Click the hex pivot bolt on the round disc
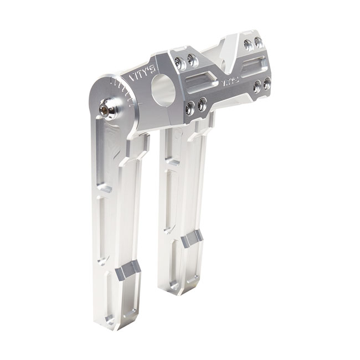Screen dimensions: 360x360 pos(108,110)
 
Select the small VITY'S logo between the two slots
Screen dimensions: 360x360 pos(230,81)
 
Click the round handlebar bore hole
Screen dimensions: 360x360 pos(163,90)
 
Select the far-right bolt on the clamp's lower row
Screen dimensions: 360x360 pos(267,84)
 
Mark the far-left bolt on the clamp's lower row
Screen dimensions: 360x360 pos(190,108)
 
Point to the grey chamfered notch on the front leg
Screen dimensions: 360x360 pos(127,270)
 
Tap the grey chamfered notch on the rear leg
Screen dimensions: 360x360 pos(192,239)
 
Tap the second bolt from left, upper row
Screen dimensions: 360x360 pos(192,60)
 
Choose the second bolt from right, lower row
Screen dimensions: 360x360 pos(256,88)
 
